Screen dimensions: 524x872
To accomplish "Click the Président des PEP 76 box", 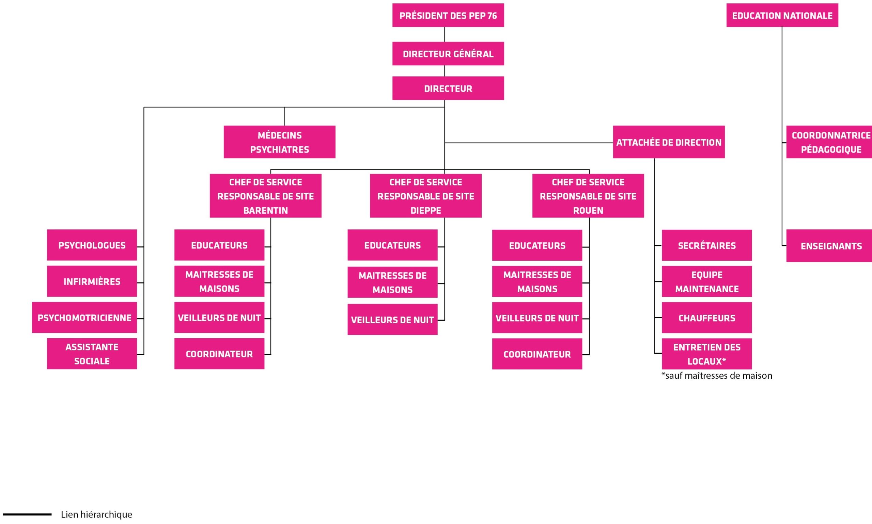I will (448, 16).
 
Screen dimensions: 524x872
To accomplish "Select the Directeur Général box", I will (448, 54).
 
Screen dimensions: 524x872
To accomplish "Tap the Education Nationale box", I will (782, 16).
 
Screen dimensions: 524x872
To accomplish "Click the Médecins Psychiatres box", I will (279, 142).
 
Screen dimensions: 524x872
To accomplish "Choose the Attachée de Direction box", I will (668, 142).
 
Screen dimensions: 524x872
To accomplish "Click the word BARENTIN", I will (265, 210).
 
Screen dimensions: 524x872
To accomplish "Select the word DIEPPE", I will (425, 210).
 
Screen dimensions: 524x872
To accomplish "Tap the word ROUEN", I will (588, 210).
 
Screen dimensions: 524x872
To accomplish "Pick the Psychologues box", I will (92, 245).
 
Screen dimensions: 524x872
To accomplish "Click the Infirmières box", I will (92, 281).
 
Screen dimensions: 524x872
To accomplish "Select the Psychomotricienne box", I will (84, 317).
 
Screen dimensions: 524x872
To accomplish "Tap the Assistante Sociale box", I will (92, 354).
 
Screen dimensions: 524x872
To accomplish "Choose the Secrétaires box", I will (706, 245).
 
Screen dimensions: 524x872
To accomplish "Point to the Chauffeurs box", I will (706, 318).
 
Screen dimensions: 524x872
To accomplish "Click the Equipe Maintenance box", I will (706, 282).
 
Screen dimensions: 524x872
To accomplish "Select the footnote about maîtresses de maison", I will (716, 376).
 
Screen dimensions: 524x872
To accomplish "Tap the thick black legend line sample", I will (27, 514).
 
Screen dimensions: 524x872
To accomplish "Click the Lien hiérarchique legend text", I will (96, 514).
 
